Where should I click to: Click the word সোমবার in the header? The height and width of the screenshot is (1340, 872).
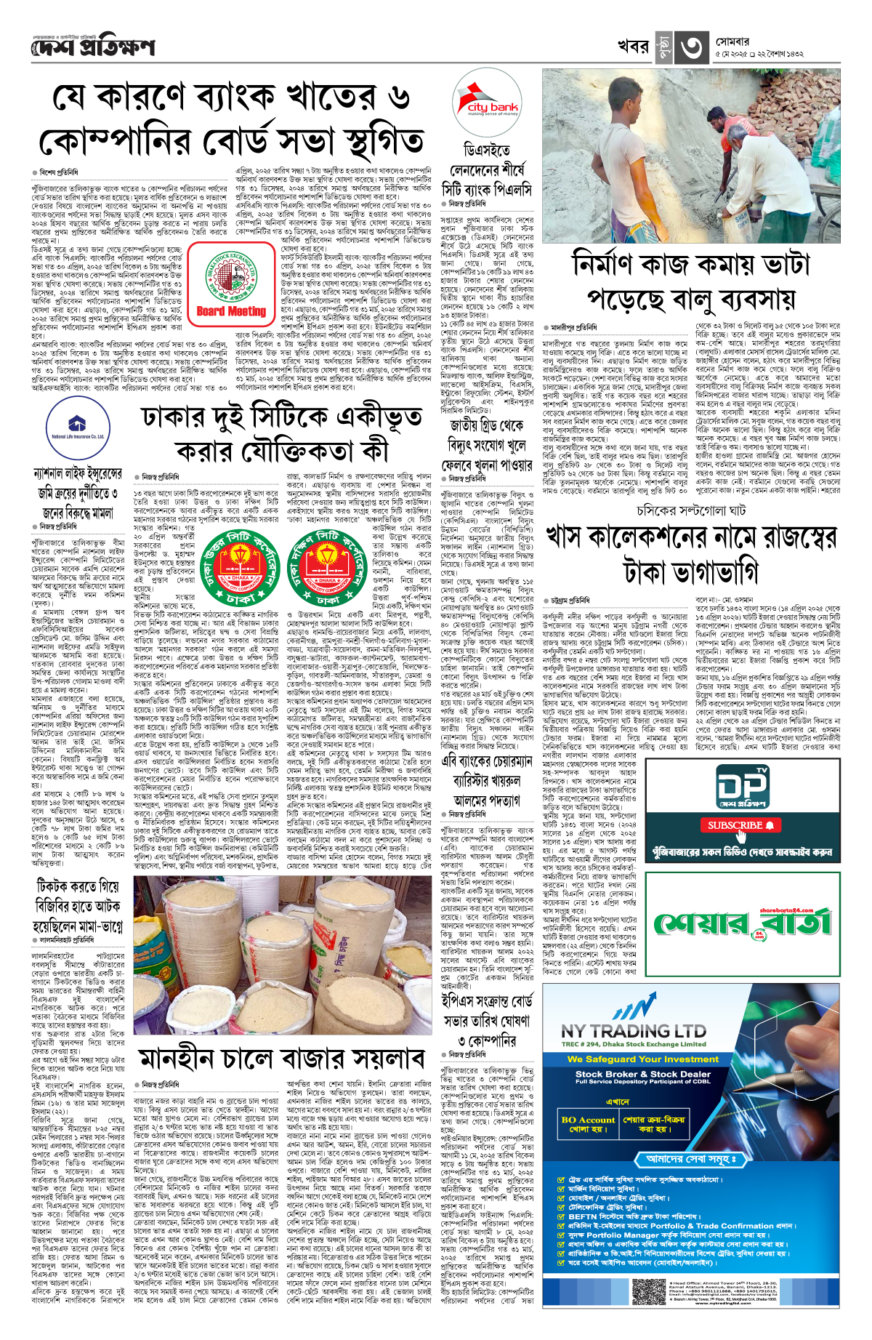[x=732, y=42]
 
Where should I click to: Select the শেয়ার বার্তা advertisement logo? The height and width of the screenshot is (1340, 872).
[x=740, y=923]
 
